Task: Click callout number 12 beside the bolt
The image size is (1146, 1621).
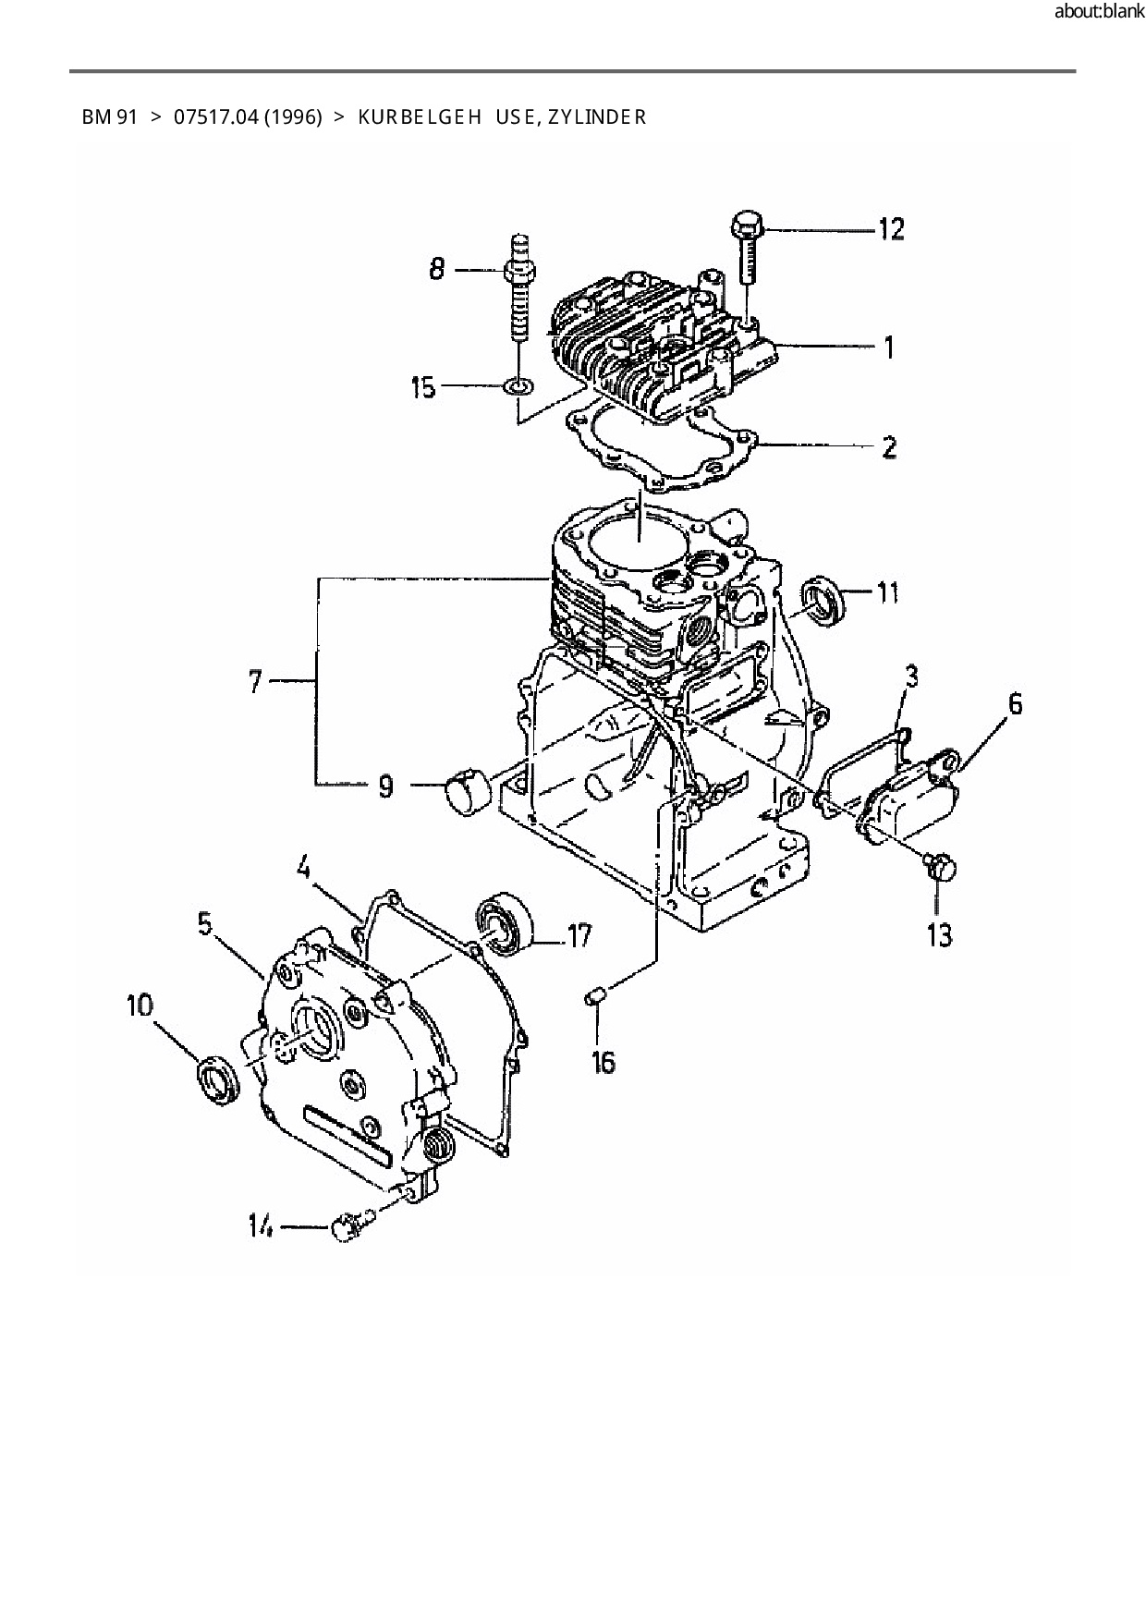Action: point(890,228)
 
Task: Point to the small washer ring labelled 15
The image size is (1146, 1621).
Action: point(519,384)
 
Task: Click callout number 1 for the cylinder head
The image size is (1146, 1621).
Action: point(888,347)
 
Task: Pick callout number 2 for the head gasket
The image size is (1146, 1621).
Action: point(888,448)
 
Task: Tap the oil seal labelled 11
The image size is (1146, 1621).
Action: point(822,599)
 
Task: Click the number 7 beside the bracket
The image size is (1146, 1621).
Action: point(256,683)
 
